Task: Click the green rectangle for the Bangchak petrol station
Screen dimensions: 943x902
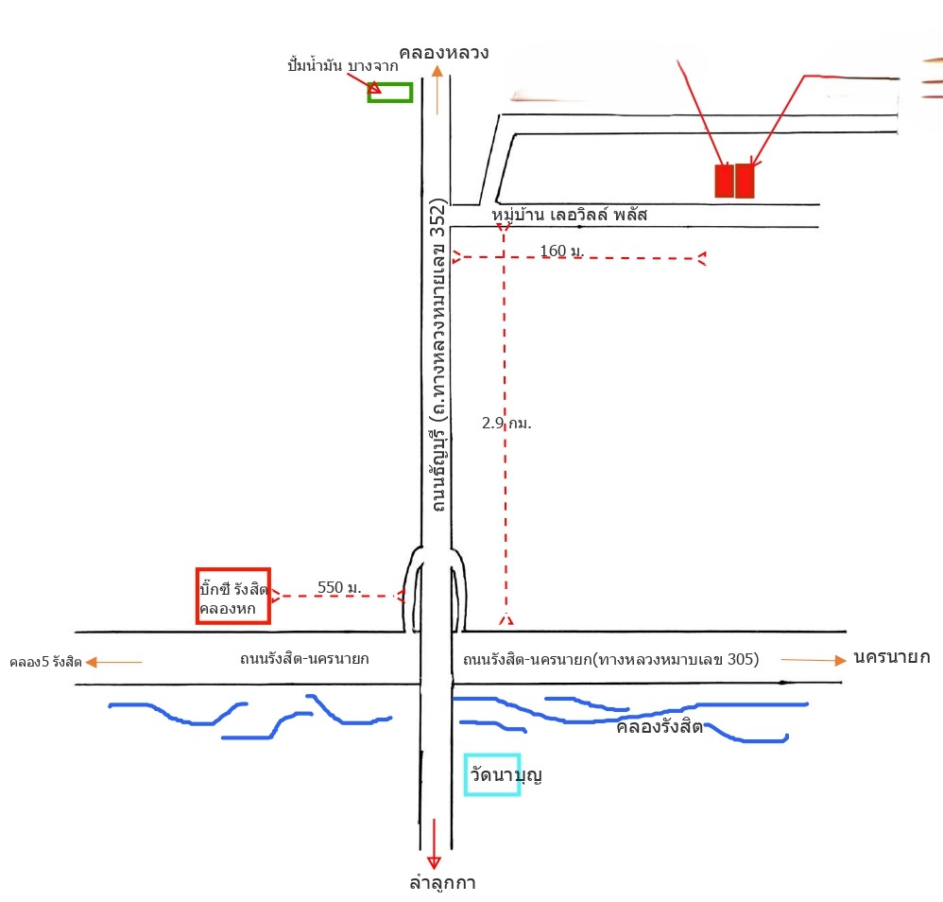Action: (389, 84)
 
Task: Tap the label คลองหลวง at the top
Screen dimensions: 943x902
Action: (444, 53)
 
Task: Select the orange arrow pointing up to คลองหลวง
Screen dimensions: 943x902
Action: (437, 90)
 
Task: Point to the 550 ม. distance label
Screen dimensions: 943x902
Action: (339, 587)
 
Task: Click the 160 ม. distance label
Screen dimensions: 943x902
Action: (561, 251)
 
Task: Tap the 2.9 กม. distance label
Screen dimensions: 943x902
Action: (506, 423)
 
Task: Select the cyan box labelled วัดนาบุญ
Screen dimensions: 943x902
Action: (465, 775)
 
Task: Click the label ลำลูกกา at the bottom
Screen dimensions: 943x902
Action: (442, 883)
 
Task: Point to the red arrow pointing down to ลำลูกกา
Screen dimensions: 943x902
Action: (434, 843)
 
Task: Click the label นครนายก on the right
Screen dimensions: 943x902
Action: (892, 657)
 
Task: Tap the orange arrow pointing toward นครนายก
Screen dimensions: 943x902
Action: (814, 660)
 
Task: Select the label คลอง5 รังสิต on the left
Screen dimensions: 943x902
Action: (45, 662)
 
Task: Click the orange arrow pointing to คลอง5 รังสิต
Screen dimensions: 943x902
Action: (113, 662)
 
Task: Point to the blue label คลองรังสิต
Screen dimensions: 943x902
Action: (660, 727)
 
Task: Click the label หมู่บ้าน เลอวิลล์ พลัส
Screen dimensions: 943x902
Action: (569, 215)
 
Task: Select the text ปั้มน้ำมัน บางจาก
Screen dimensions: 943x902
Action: (343, 65)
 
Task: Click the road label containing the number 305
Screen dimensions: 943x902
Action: (611, 660)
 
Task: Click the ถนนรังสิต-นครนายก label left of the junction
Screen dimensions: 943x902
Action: (304, 658)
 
